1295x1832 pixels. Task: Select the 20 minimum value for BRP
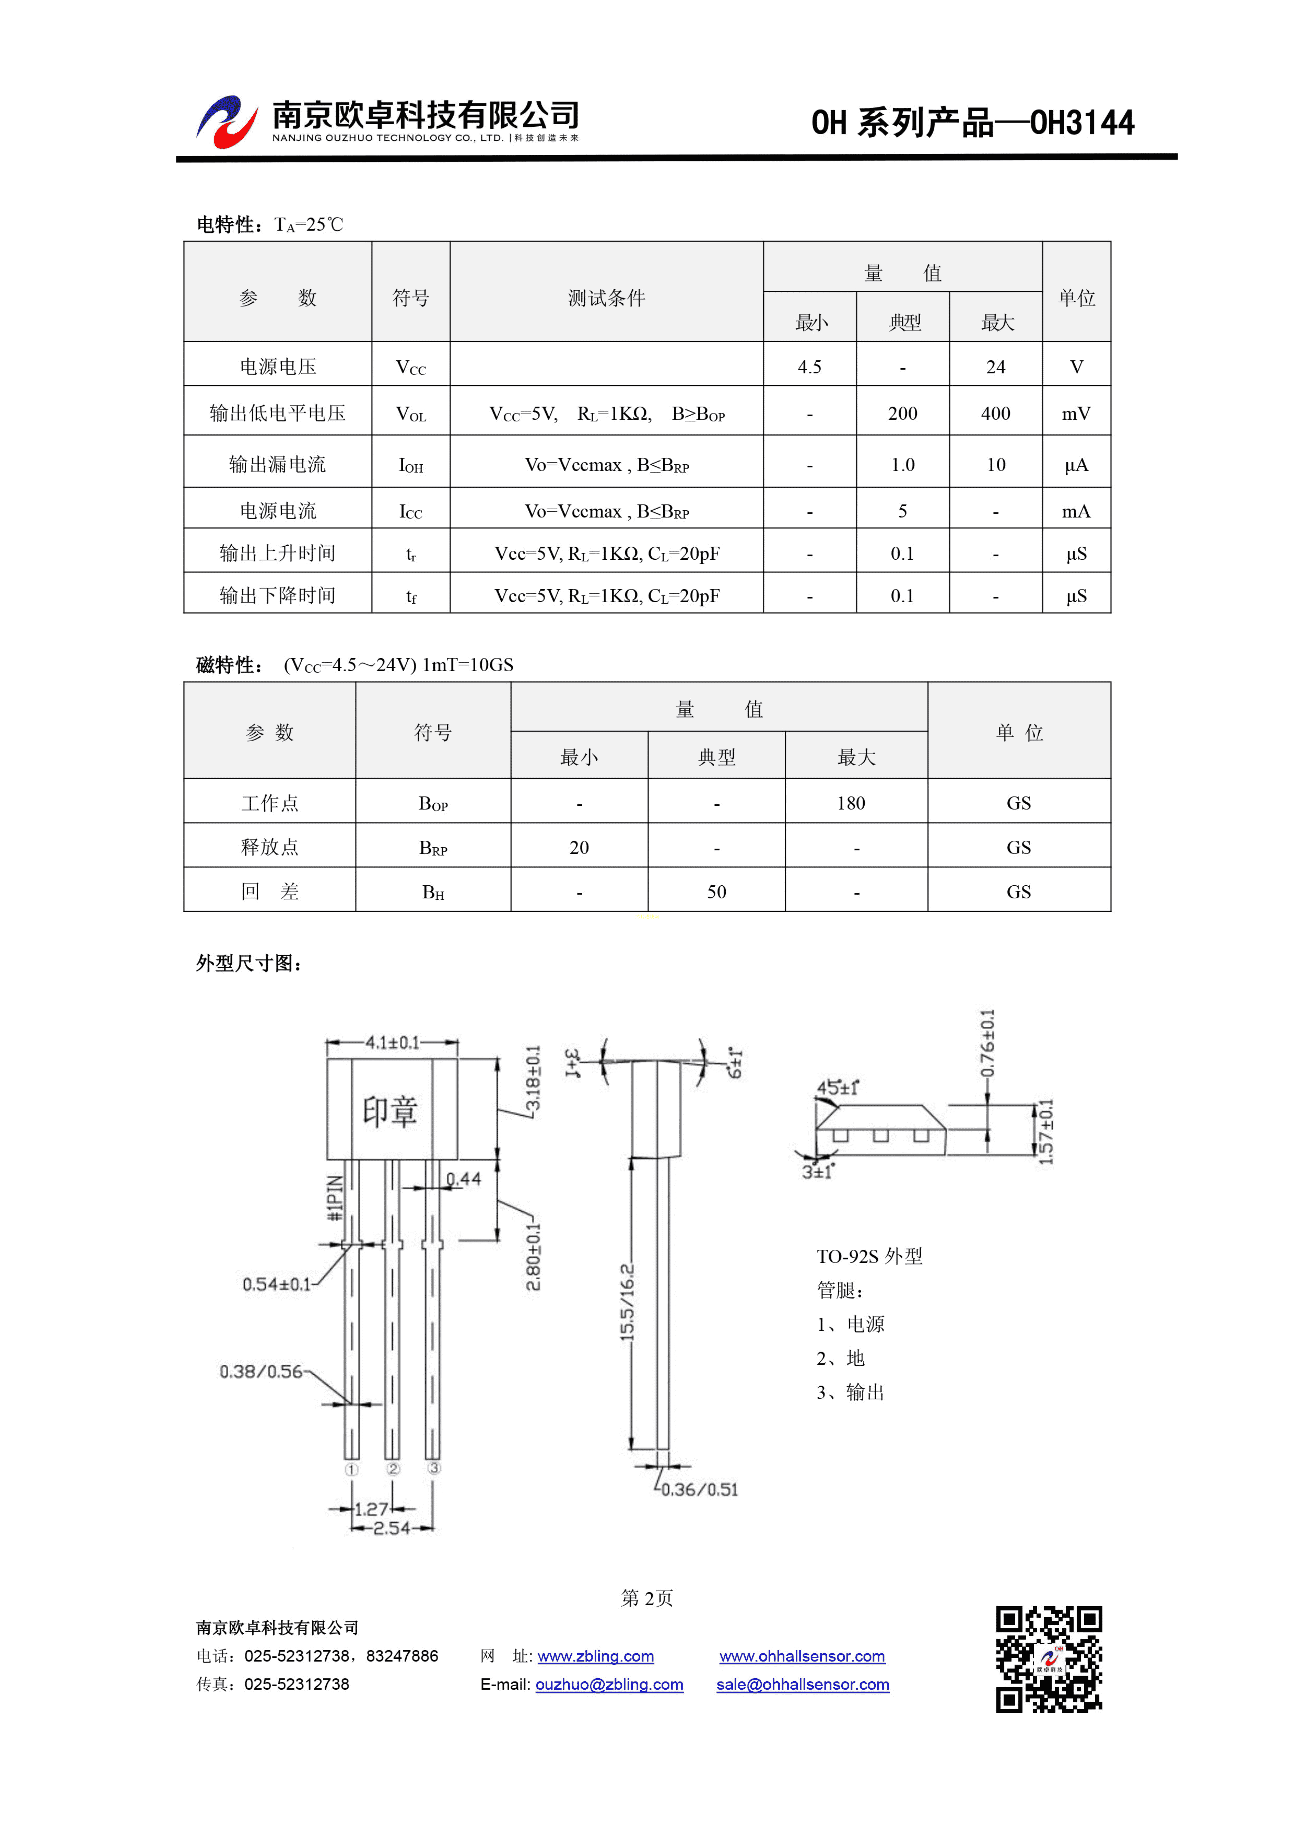click(x=579, y=847)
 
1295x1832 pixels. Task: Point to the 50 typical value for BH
click(x=716, y=892)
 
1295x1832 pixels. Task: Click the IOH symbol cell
click(x=411, y=465)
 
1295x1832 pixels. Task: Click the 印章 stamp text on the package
click(x=390, y=1111)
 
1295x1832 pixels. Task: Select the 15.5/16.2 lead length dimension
click(x=628, y=1302)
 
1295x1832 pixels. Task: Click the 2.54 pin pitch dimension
click(x=392, y=1528)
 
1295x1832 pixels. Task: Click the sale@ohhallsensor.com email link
click(x=803, y=1684)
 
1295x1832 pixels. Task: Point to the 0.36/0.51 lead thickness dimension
click(x=700, y=1489)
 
